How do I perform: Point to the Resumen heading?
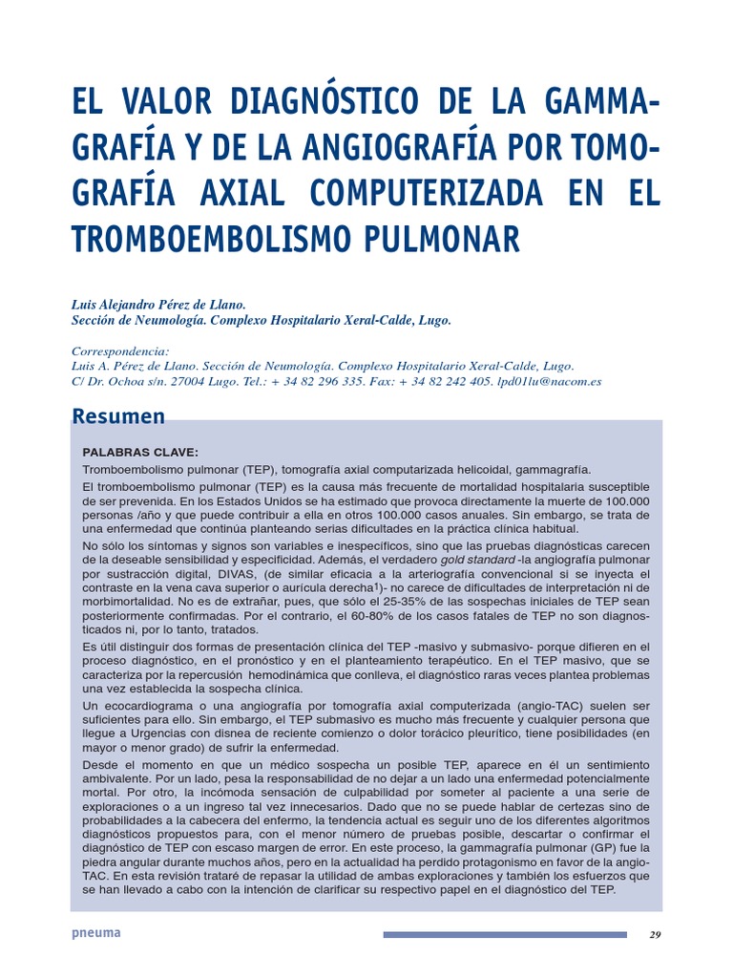tap(119, 416)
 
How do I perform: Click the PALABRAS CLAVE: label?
tap(140, 452)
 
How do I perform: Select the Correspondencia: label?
tap(120, 351)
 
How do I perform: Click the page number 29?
tap(654, 935)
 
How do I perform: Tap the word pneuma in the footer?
tap(96, 933)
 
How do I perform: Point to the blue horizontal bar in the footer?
tap(505, 935)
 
